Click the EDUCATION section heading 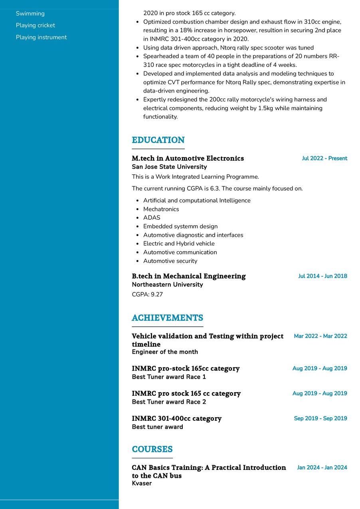[158, 140]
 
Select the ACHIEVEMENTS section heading [167, 318]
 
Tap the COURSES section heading [152, 449]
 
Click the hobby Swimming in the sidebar [30, 14]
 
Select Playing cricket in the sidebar [36, 26]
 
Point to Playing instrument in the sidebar [41, 37]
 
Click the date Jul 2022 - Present [324, 158]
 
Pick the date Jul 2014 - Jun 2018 [322, 276]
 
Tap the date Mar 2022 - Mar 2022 [320, 336]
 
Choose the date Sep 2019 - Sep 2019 [320, 418]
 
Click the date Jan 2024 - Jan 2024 [322, 468]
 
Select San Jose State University [169, 167]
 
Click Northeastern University [167, 284]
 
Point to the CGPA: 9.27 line [147, 294]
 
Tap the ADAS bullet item [152, 218]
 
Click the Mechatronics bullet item [161, 209]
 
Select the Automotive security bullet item [170, 261]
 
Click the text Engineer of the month [165, 352]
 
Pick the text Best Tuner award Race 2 [169, 402]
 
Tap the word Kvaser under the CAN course [142, 483]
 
